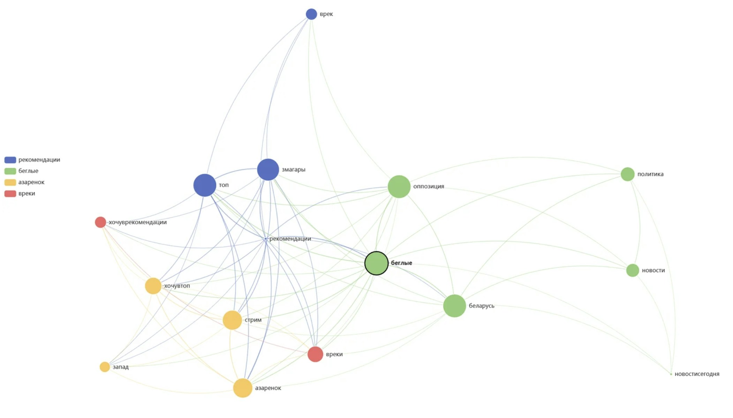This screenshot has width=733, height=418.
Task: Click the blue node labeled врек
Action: tap(311, 14)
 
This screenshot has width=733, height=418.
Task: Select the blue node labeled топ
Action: tap(205, 185)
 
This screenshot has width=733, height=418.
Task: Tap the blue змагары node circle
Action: tap(268, 170)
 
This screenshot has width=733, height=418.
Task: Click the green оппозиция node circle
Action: tap(399, 187)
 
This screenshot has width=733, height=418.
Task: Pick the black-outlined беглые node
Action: tap(376, 263)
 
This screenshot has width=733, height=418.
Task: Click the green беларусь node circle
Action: tap(454, 306)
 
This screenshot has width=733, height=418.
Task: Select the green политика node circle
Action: tap(627, 174)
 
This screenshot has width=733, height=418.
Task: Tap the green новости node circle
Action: tap(632, 270)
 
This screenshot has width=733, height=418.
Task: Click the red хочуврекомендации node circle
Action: tap(100, 222)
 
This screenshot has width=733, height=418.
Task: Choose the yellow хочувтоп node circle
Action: tap(153, 286)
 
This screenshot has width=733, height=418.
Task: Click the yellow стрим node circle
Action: tap(232, 320)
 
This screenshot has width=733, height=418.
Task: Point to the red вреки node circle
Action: tap(315, 354)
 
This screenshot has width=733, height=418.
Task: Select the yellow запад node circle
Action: tap(105, 367)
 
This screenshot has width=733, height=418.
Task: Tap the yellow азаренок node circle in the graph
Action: tap(243, 388)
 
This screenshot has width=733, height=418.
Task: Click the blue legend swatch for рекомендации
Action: tap(10, 160)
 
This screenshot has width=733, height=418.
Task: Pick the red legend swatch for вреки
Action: tap(10, 194)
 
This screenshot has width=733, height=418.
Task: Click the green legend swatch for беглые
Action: tap(10, 171)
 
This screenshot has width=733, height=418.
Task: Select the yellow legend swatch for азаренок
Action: tap(10, 182)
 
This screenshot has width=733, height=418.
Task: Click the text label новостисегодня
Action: tap(697, 374)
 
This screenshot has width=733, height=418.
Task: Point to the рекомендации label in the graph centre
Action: tap(290, 239)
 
